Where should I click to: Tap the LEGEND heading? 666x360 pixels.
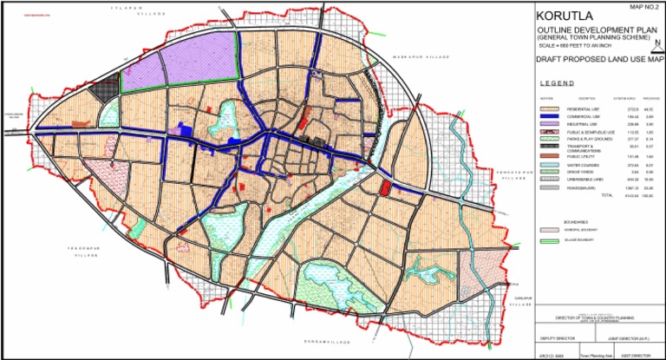tap(555, 83)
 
